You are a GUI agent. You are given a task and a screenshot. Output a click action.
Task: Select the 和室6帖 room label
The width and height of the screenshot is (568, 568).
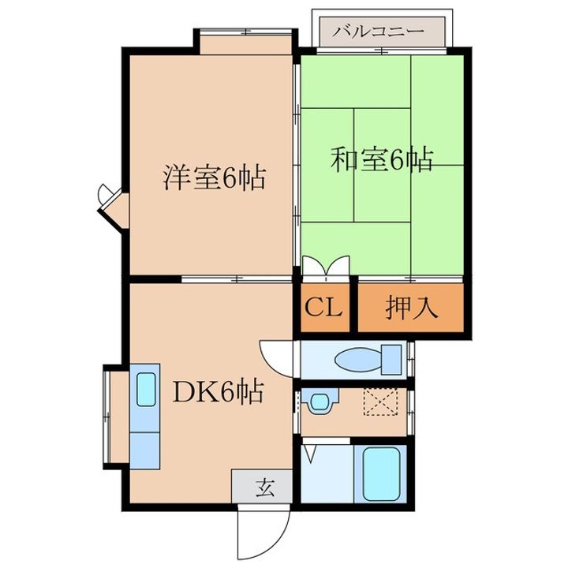click(381, 160)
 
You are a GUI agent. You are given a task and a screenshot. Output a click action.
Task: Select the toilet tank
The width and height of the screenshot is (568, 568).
click(390, 360)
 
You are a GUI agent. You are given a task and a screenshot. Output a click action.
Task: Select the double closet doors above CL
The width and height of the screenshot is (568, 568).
click(325, 267)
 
